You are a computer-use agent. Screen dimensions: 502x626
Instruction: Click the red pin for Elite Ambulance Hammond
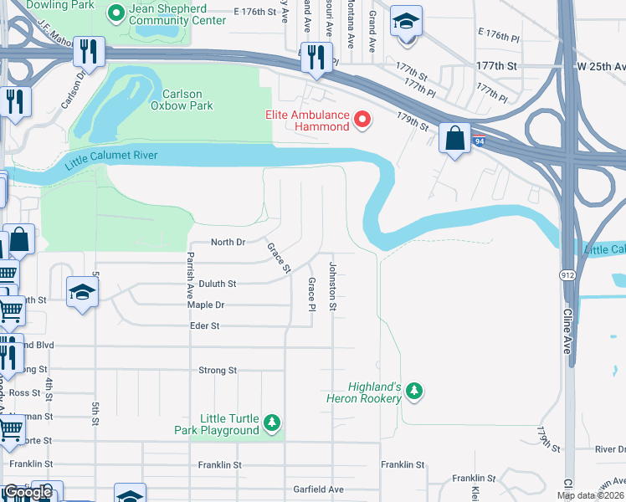(362, 120)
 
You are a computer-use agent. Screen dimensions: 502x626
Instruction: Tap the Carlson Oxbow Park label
(182, 100)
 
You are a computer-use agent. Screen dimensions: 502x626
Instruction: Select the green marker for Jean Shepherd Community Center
(116, 13)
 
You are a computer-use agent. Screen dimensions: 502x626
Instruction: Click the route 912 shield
(567, 274)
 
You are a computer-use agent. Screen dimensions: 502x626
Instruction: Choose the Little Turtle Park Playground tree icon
(271, 423)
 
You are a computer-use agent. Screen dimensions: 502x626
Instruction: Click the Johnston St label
(332, 287)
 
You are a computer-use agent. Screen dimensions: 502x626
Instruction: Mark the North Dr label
(228, 242)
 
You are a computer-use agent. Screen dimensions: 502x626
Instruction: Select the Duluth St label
(217, 284)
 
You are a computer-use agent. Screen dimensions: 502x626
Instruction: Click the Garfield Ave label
(318, 489)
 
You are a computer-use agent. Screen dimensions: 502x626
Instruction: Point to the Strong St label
(218, 370)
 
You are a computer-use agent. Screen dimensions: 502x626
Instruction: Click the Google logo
(28, 492)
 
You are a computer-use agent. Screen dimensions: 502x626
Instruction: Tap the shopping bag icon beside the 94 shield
(454, 139)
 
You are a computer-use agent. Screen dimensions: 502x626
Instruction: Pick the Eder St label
(204, 325)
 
